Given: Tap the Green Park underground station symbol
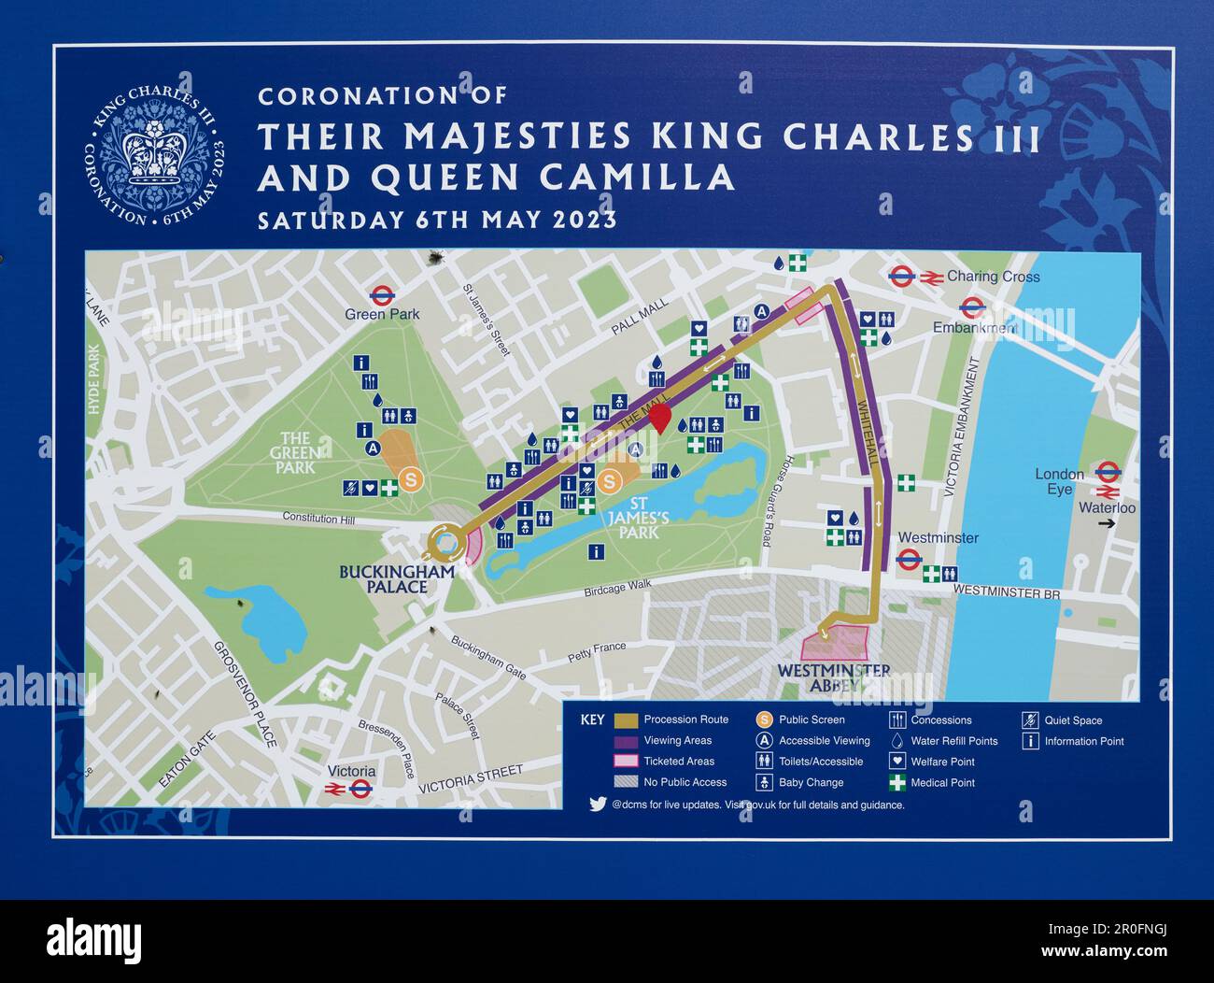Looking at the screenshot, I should tap(379, 295).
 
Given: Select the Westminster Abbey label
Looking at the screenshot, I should tap(833, 678).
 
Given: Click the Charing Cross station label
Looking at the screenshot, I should tap(993, 277).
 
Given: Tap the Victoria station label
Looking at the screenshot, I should tap(351, 771).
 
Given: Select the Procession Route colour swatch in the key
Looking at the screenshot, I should tap(626, 719).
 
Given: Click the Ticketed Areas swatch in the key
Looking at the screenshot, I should tap(626, 762).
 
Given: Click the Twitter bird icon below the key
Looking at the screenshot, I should tap(598, 804).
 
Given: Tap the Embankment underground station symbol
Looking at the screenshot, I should tap(970, 307).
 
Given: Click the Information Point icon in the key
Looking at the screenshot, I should tap(1032, 741).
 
